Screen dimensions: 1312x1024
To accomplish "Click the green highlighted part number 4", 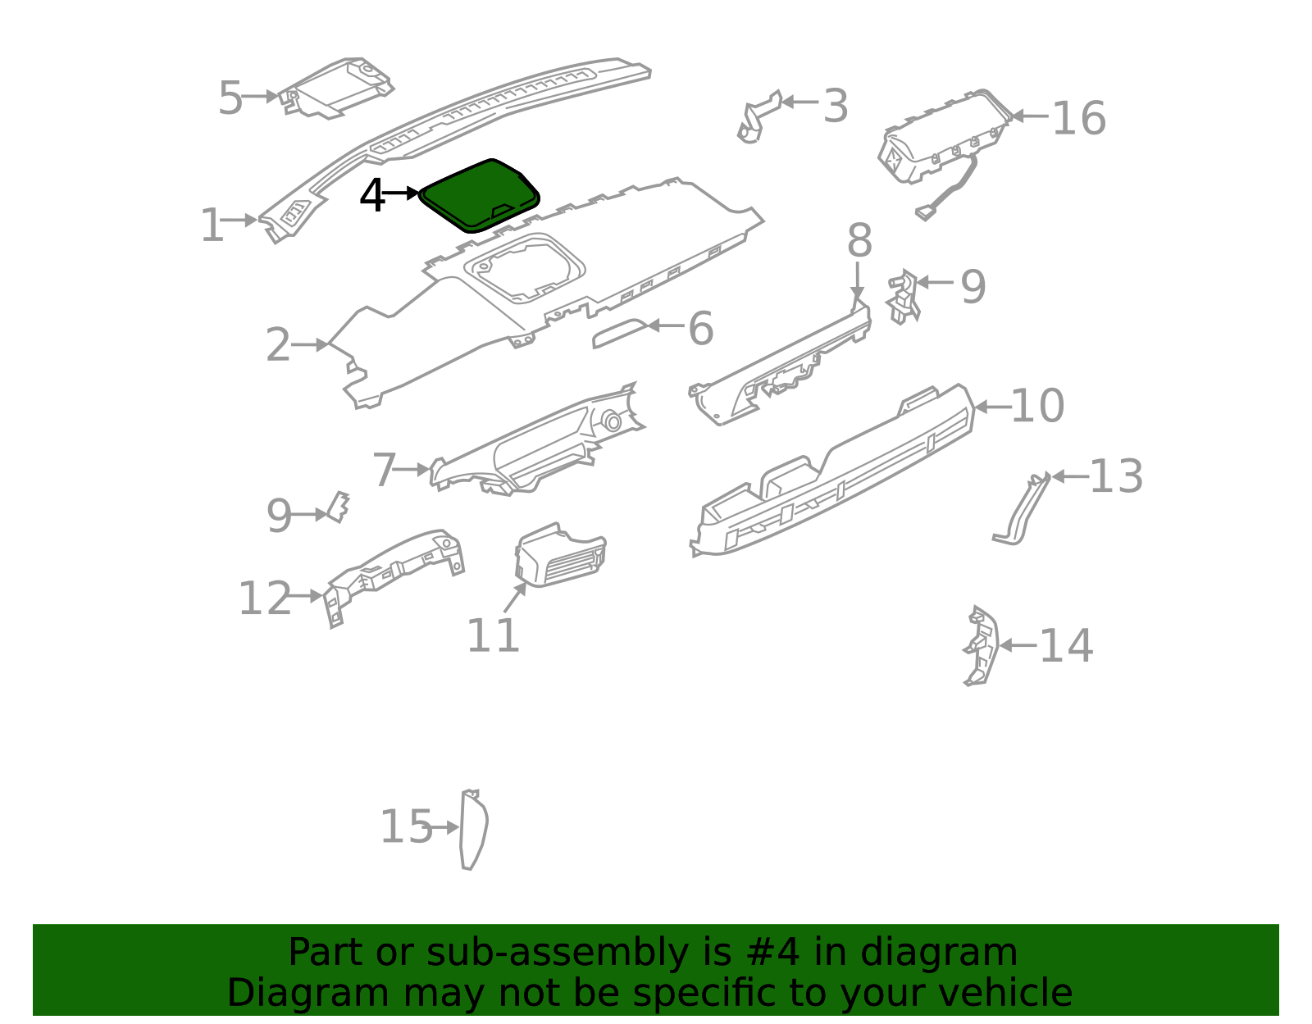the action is [x=479, y=195].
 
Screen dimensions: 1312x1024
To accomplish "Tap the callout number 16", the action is [x=1079, y=118].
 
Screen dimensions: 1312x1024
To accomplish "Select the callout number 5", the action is [x=230, y=98].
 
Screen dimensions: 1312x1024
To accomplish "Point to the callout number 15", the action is [x=406, y=826].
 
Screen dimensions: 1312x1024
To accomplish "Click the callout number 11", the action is [x=493, y=635].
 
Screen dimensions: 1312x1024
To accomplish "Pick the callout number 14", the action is [x=1066, y=646].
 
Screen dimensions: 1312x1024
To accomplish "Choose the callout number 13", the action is [x=1116, y=476].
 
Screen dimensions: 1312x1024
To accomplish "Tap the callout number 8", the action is [x=859, y=240].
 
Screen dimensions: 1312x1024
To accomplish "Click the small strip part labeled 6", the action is [x=620, y=333].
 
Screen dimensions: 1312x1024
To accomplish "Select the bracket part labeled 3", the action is [x=757, y=118].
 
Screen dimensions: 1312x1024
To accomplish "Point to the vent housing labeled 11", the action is [x=560, y=555].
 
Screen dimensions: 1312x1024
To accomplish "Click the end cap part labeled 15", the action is [x=473, y=829].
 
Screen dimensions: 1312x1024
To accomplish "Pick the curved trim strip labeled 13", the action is [x=1020, y=511].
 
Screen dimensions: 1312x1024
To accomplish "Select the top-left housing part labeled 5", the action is [x=335, y=89].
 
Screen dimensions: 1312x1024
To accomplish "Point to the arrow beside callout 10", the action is [x=993, y=407].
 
